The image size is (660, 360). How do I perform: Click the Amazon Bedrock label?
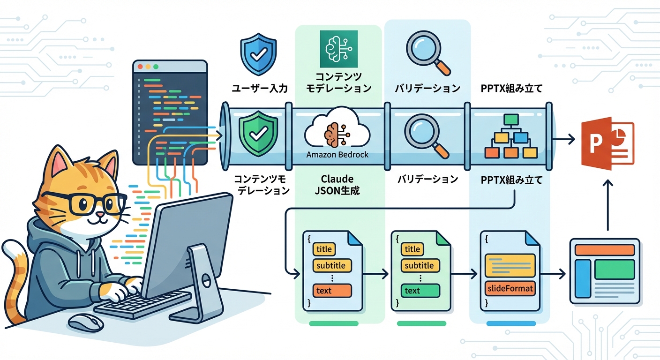pyautogui.click(x=337, y=154)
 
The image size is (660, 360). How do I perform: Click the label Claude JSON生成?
pyautogui.click(x=337, y=185)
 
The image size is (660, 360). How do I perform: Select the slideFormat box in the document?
pyautogui.click(x=510, y=288)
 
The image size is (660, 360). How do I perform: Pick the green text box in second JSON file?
pyautogui.click(x=420, y=291)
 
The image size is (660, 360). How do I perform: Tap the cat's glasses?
pyautogui.click(x=89, y=203)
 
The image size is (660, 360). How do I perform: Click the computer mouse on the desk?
pyautogui.click(x=85, y=322)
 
